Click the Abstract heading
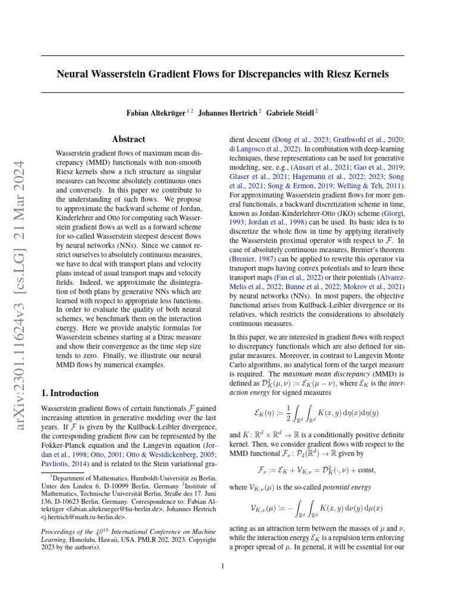coord(129,139)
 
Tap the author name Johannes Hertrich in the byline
coord(227,112)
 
